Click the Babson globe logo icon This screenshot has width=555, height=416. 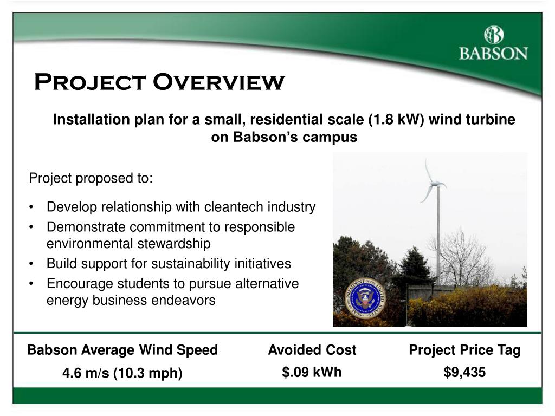point(494,35)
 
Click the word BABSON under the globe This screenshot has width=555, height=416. point(493,54)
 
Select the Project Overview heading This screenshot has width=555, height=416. point(159,82)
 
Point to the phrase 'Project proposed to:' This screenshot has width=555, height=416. point(91,178)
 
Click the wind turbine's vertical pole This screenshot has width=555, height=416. point(438,238)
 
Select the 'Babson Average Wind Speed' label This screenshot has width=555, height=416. point(122,350)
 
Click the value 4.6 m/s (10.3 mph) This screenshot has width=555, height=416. point(122,373)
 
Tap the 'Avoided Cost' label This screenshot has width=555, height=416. point(312,350)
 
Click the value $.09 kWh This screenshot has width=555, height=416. point(312,372)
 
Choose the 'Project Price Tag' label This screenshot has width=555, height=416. point(464,350)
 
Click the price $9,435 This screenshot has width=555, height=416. point(464,372)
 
